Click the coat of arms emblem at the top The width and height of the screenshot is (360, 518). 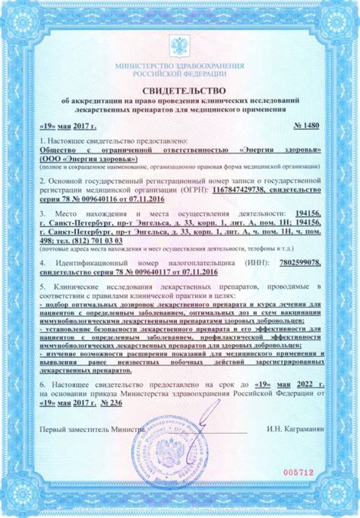tap(180, 47)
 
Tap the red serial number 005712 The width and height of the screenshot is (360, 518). tap(298, 470)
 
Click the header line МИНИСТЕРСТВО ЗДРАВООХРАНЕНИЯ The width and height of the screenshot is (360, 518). tap(180, 66)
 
